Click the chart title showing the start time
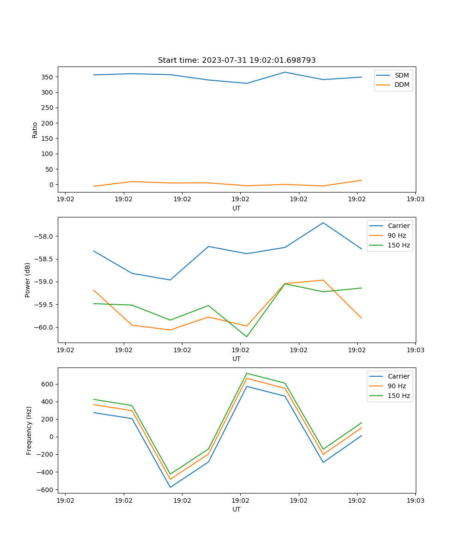237,60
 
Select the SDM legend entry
401,75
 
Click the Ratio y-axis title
35,130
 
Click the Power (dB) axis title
28,280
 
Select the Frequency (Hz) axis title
29,430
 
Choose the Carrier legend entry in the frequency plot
399,376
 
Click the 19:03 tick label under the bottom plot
415,500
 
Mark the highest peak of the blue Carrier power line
323,223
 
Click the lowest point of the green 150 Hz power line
246,337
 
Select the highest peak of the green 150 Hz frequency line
246,373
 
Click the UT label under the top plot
237,208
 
